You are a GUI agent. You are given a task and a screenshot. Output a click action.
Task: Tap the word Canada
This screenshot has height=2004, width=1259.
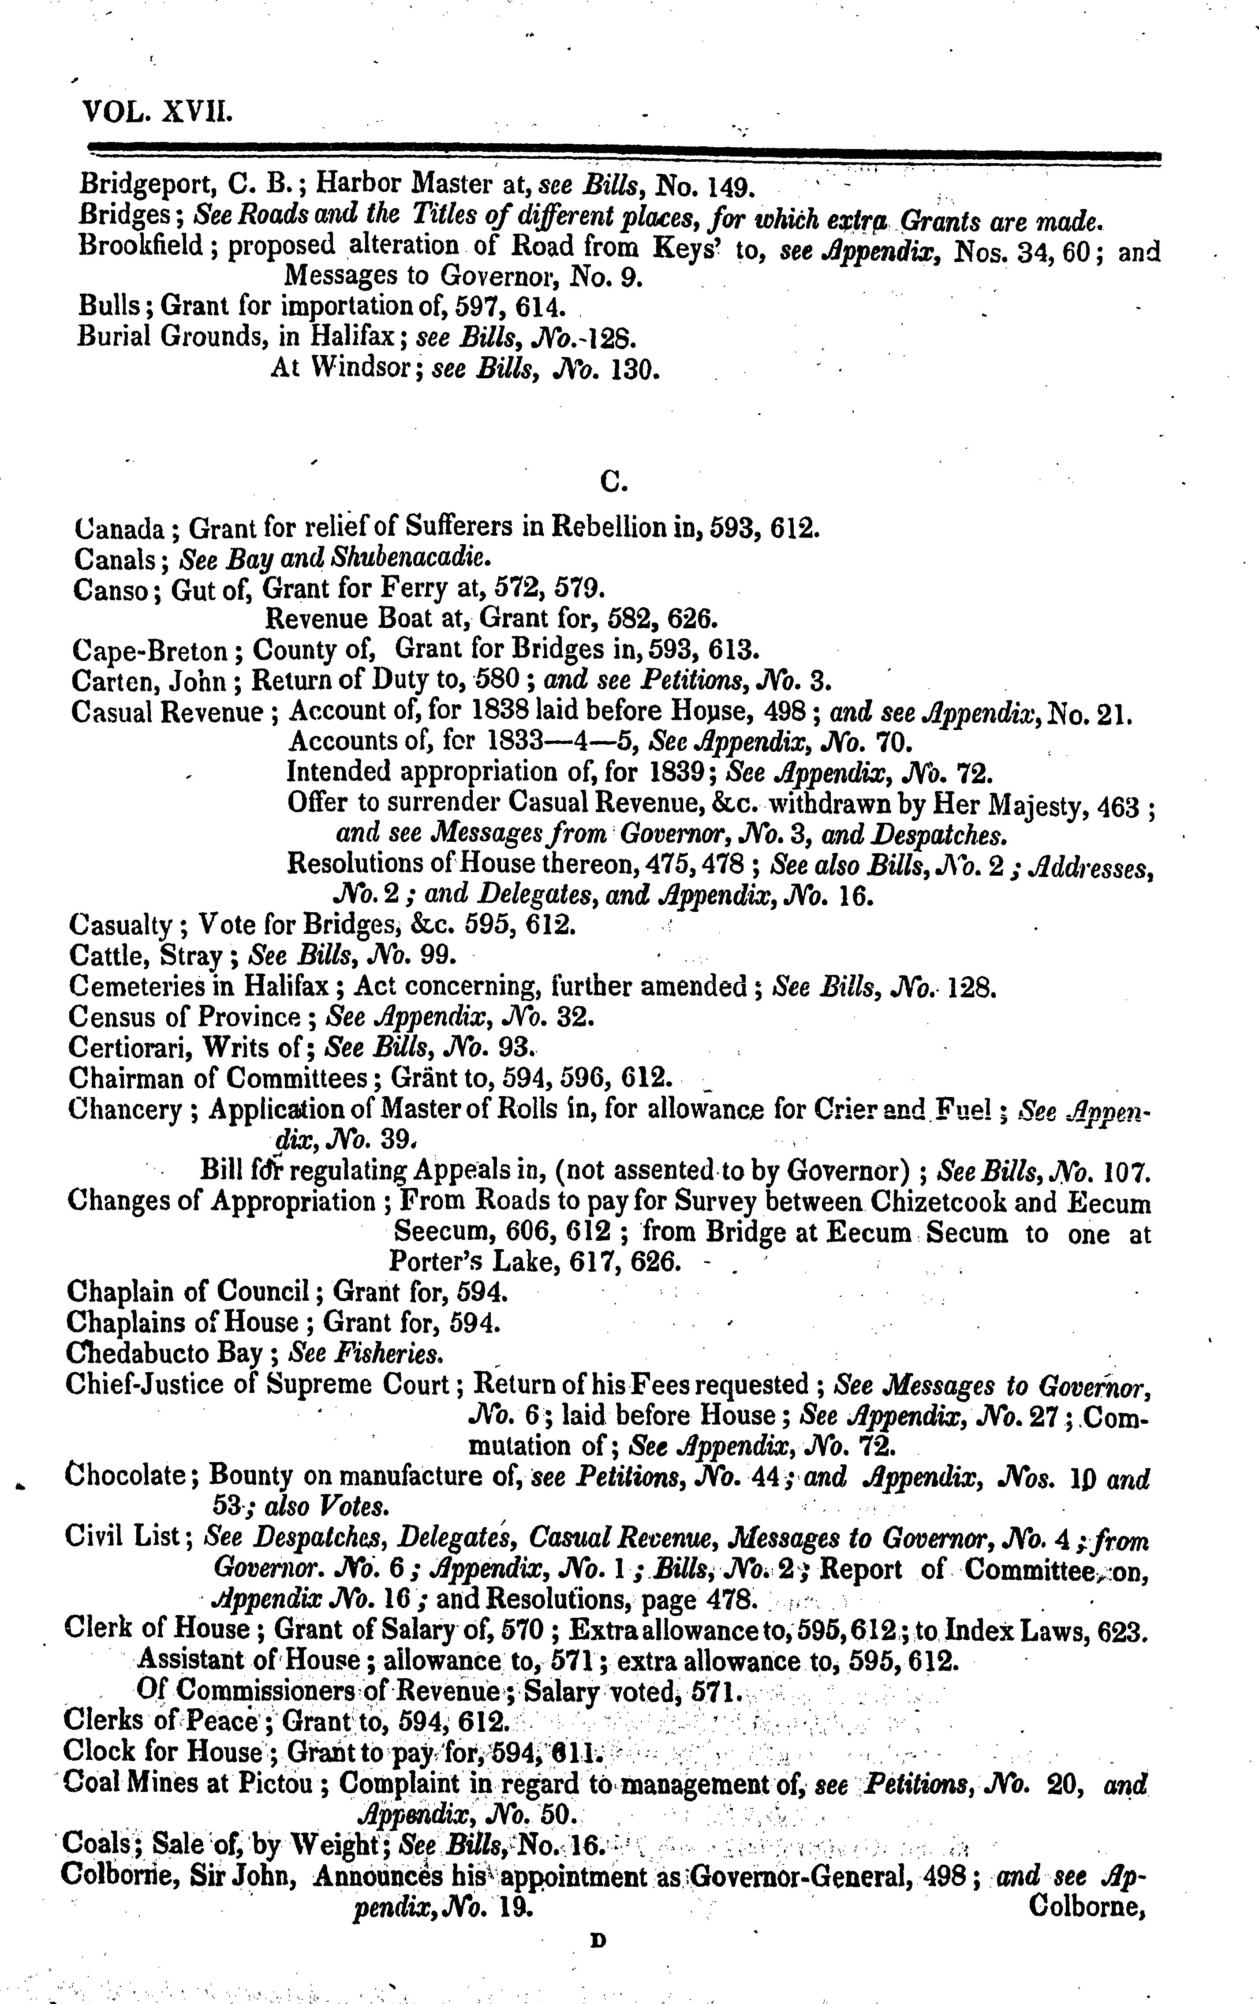click(121, 528)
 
